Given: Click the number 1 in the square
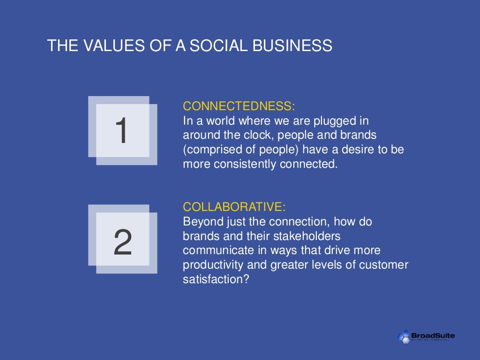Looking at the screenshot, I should click(x=121, y=132).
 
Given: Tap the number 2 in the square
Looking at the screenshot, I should click(x=122, y=243).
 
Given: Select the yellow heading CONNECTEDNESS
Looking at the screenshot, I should click(x=239, y=106).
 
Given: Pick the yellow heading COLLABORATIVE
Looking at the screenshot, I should click(x=234, y=207).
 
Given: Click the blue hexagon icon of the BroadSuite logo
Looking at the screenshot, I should click(x=403, y=336).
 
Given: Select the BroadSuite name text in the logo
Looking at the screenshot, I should click(x=433, y=335).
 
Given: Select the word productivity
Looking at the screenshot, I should click(x=213, y=265).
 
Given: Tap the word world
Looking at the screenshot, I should click(x=221, y=120).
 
